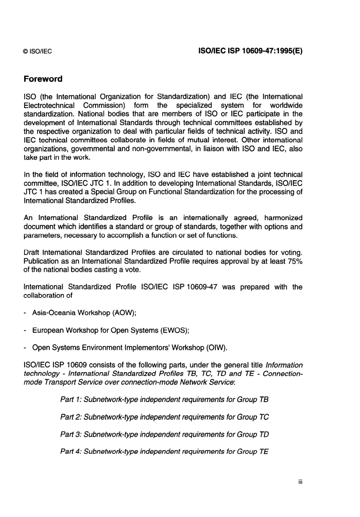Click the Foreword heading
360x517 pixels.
point(43,79)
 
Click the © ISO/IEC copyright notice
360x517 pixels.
point(38,52)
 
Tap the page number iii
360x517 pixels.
point(300,482)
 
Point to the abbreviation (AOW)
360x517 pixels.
point(122,313)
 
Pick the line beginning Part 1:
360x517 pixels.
point(164,399)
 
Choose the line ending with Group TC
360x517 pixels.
point(164,417)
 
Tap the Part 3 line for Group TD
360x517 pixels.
point(164,434)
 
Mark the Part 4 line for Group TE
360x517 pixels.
point(164,451)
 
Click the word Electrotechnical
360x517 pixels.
point(49,105)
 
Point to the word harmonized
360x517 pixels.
point(283,218)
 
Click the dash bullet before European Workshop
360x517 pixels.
point(25,330)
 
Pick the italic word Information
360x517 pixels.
point(284,365)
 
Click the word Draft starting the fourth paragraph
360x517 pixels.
point(31,253)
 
